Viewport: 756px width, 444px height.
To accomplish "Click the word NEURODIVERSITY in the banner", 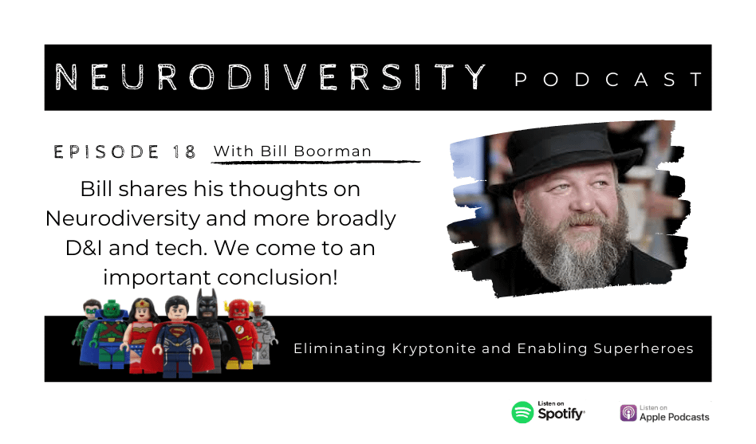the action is tap(270, 77).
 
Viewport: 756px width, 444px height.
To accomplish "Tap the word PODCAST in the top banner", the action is tap(609, 79).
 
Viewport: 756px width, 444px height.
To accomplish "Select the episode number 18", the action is tap(183, 152).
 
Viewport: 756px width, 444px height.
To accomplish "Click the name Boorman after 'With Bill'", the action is tap(333, 151).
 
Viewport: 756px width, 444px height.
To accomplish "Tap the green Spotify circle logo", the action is tap(522, 413).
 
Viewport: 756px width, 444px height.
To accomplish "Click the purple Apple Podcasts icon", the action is tap(628, 413).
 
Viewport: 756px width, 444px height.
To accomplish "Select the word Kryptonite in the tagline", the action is tap(434, 348).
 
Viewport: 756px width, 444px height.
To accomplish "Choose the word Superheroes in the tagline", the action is tap(644, 348).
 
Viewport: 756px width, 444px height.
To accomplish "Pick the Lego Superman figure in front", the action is tap(179, 337).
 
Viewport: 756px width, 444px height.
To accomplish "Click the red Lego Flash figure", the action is tap(239, 332).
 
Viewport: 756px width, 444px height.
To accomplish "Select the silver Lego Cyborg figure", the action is tap(263, 332).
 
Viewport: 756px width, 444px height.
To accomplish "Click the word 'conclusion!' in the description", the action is tap(278, 277).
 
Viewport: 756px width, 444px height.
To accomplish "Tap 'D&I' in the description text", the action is tap(84, 248).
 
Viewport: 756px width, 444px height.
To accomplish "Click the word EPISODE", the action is tap(106, 152).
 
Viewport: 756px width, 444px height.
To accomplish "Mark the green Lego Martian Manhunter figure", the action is tap(109, 332).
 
